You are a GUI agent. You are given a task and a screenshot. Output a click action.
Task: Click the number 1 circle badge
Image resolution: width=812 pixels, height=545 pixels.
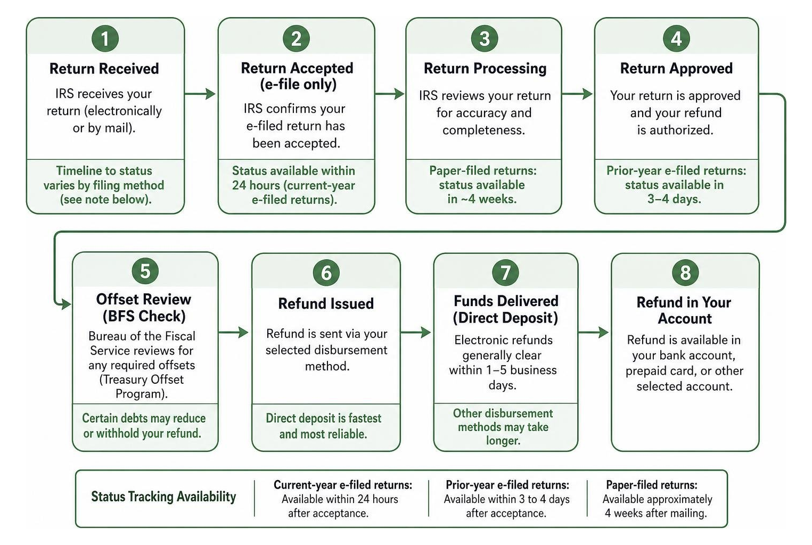point(105,38)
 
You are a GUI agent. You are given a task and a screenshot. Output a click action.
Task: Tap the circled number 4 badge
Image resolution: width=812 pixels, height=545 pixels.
point(676,38)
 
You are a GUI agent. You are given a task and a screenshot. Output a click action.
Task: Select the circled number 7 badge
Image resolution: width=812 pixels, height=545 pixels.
point(505,272)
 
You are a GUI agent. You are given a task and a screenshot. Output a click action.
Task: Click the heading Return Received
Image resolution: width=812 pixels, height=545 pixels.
point(104,69)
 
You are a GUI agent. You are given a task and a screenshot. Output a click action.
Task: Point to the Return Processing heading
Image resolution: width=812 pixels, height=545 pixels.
point(485,69)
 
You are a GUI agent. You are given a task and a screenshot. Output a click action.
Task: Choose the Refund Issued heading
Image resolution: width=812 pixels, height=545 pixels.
point(326,304)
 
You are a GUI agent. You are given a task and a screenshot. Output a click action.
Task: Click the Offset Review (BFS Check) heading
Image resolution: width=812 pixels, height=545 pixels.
point(144,308)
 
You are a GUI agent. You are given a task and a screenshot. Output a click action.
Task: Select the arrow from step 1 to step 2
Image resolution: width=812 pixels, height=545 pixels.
point(200,94)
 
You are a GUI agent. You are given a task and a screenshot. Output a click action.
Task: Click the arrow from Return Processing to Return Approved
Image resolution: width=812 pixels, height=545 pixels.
point(577,94)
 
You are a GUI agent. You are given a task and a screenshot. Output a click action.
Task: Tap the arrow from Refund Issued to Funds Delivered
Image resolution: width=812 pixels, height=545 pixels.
point(415,332)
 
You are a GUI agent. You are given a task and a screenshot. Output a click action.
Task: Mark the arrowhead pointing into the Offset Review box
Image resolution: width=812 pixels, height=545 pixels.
point(65,304)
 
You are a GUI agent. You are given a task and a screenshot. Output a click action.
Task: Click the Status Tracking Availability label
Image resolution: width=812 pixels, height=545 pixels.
point(163,497)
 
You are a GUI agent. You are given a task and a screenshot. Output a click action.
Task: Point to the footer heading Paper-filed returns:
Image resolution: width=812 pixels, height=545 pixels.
point(651,485)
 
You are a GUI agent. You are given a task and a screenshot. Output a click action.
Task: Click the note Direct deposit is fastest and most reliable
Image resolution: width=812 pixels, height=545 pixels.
point(323,426)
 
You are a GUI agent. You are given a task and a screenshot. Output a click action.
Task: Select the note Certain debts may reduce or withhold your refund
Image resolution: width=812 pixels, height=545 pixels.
point(144,426)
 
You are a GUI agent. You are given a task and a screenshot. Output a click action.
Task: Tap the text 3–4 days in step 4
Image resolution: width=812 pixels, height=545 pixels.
point(674,199)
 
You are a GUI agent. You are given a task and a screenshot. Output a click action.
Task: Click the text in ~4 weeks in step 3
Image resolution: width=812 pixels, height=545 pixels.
point(482,199)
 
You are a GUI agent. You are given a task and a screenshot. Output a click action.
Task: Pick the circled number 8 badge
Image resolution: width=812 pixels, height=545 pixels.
point(685,272)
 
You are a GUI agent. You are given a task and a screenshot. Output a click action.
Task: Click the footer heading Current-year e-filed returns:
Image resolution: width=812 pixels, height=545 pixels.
point(343,485)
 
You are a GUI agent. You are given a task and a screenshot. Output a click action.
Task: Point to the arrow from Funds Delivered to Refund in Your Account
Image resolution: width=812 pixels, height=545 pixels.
point(593,332)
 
